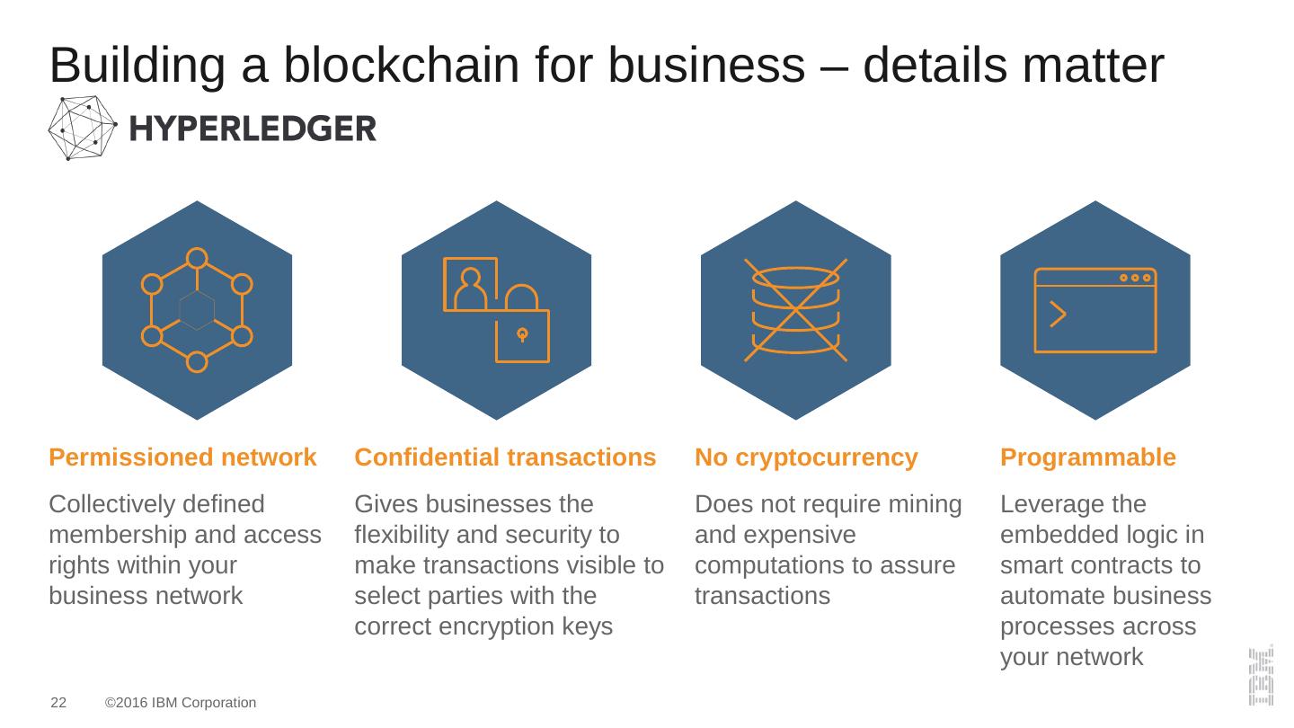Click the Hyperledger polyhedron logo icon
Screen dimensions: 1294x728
(82, 129)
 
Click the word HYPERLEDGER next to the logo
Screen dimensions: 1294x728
(253, 129)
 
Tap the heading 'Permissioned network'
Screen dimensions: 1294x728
(182, 457)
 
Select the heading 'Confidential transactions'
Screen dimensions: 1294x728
(505, 457)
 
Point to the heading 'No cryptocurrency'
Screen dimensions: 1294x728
(806, 457)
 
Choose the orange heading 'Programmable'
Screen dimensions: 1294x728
(1087, 457)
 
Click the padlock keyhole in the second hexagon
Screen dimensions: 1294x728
(522, 335)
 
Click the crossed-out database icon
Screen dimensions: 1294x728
(795, 310)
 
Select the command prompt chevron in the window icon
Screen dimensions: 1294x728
(1058, 315)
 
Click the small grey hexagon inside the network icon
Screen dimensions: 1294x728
(197, 310)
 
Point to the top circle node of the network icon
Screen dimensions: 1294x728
(197, 259)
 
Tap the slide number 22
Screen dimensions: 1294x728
(58, 703)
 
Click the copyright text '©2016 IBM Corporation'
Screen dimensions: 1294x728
(181, 703)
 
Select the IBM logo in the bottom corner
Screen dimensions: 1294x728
(1260, 674)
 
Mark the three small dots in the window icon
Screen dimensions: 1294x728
(1135, 278)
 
